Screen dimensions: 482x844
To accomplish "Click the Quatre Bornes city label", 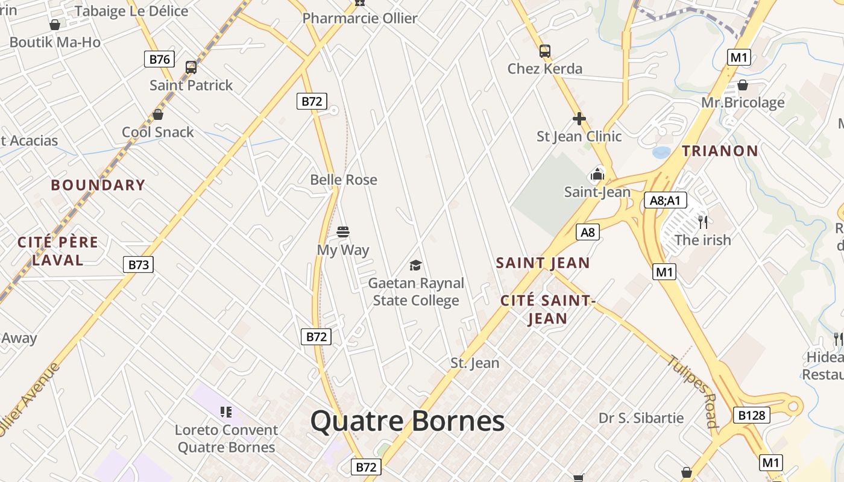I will [x=408, y=421].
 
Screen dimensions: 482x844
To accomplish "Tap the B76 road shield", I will [x=159, y=59].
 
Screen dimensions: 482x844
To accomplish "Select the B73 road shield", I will [x=138, y=264].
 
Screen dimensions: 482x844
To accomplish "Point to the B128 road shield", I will [x=752, y=415].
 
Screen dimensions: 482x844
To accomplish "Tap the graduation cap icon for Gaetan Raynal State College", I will [x=415, y=265].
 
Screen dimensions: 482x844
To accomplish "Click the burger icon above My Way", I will [x=343, y=232].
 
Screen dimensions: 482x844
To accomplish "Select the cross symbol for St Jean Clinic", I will [x=579, y=119].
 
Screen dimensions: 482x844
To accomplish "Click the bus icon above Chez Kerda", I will [x=544, y=51].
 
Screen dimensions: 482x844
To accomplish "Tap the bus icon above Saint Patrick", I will [x=191, y=67].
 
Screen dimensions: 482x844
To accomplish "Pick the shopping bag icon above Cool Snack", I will [x=158, y=114].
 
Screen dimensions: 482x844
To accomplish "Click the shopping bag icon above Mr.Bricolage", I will [x=743, y=85].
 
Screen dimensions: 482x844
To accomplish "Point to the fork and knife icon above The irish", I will [x=702, y=222].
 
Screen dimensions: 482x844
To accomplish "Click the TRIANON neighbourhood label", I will [x=720, y=151].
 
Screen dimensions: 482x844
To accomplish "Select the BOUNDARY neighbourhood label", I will [x=98, y=185].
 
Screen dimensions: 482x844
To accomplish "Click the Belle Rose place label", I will [x=344, y=180].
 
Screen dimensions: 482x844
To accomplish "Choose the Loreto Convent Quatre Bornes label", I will [x=226, y=439].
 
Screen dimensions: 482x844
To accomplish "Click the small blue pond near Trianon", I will [x=661, y=152].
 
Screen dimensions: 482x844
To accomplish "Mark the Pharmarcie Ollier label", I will [x=360, y=18].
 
